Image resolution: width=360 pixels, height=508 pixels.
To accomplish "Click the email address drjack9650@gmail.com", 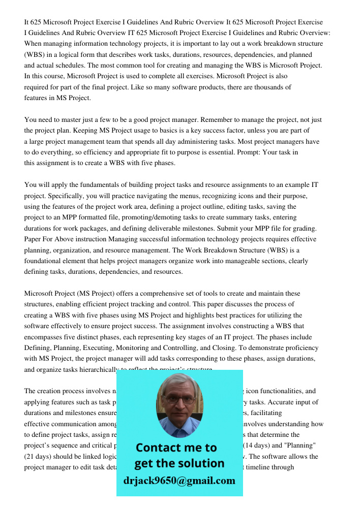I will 179,481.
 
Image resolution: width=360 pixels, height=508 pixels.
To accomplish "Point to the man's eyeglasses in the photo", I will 179,399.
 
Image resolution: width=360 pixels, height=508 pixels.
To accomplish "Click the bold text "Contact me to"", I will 176,448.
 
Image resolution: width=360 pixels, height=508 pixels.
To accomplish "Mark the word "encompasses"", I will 46,337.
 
